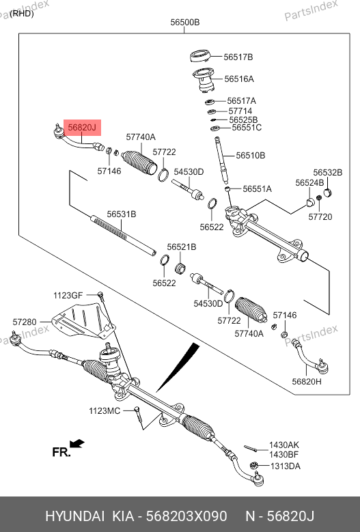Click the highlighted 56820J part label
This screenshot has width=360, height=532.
(82, 128)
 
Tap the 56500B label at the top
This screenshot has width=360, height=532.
(184, 23)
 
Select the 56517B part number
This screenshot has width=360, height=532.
(238, 57)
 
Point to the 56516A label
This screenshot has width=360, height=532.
(239, 79)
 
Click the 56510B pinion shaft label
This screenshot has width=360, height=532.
(251, 156)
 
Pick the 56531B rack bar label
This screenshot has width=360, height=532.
(122, 214)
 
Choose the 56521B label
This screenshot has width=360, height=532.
(182, 247)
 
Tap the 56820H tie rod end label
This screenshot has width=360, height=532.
(307, 381)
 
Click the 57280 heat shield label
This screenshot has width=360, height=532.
(25, 322)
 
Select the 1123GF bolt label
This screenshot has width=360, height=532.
(68, 295)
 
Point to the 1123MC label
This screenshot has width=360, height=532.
(105, 411)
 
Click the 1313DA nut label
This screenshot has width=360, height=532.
(286, 466)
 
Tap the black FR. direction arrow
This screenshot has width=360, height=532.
(77, 443)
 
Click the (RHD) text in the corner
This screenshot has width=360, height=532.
(22, 14)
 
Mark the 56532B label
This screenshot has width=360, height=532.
(328, 172)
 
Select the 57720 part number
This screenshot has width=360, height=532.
(320, 216)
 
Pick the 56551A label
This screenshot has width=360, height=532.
(257, 188)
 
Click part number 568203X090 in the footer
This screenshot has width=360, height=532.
(186, 516)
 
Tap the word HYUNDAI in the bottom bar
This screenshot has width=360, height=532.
(75, 516)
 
